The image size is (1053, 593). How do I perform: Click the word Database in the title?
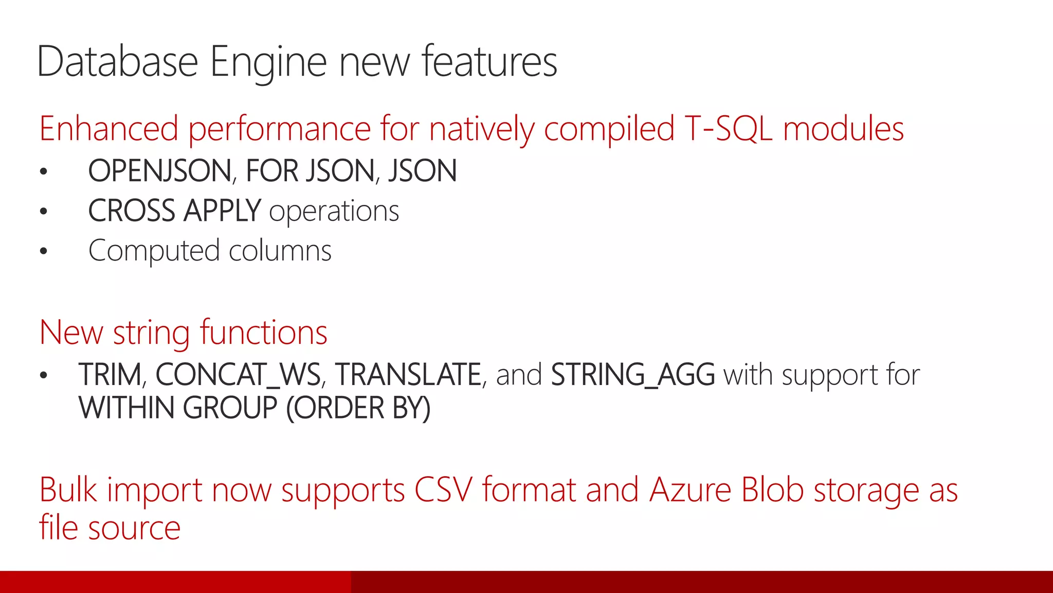point(117,62)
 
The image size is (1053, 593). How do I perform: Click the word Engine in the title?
point(268,62)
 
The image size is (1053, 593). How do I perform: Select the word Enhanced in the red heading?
point(108,129)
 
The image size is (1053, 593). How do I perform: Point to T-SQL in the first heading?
point(728,129)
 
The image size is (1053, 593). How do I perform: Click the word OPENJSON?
point(160,171)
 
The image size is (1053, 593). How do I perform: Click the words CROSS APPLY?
point(174,211)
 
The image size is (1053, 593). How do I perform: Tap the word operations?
point(334,212)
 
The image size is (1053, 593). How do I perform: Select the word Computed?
point(154,251)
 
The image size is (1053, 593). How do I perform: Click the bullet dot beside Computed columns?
point(44,251)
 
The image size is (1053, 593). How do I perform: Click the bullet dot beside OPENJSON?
point(44,171)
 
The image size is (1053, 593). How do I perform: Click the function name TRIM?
point(110,374)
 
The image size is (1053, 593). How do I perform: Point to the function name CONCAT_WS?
point(238,374)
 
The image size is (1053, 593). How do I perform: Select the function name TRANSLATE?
point(408,374)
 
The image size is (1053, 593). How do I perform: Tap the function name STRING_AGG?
point(632,374)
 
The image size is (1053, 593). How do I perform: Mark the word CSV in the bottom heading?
point(443,490)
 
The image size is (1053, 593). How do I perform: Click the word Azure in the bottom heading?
point(689,490)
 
